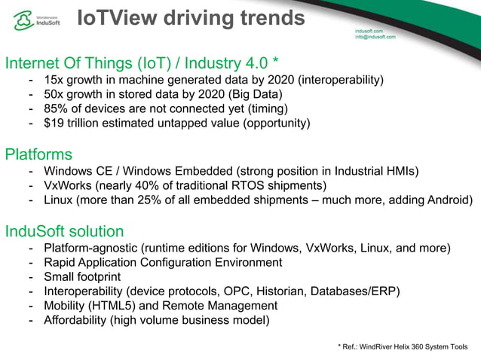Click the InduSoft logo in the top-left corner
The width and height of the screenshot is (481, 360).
click(x=38, y=20)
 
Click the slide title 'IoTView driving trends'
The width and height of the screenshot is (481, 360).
click(x=191, y=17)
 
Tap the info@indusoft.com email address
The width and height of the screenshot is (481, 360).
click(x=375, y=36)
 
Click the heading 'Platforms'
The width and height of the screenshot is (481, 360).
click(x=38, y=155)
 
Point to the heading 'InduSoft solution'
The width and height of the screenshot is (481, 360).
click(x=64, y=231)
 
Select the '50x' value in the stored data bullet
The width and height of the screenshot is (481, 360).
click(x=54, y=94)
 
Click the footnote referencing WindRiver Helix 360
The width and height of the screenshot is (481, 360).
click(x=403, y=346)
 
